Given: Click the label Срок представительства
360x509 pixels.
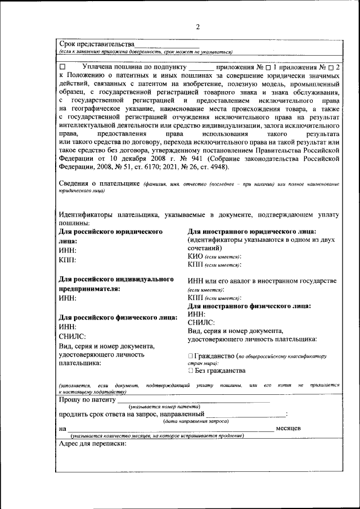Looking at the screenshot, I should (x=97, y=44).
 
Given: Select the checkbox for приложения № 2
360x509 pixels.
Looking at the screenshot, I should (x=331, y=67).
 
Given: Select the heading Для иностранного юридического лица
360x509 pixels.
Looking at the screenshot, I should (x=251, y=231).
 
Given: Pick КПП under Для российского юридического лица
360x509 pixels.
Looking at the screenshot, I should (x=67, y=260).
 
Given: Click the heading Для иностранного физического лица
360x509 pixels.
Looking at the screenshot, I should (x=249, y=306).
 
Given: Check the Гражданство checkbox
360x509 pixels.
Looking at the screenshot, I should (x=191, y=356).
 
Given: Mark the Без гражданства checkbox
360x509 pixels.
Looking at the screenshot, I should (x=191, y=371).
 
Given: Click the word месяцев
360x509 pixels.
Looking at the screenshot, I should (x=288, y=429).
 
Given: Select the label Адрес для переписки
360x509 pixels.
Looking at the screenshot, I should (x=93, y=443).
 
